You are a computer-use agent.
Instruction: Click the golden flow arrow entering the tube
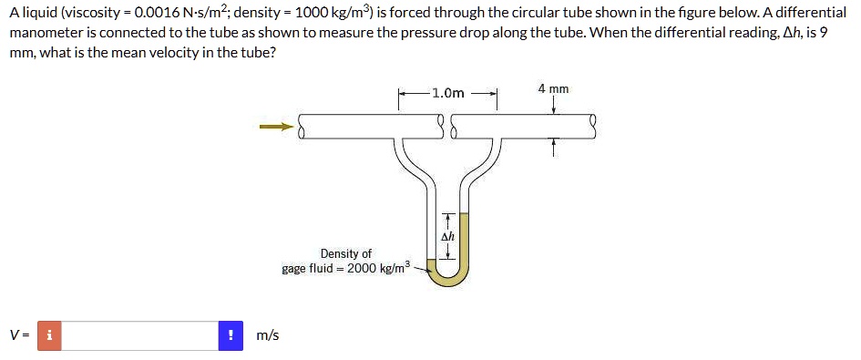click(276, 127)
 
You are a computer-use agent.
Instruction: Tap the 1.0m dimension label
click(448, 93)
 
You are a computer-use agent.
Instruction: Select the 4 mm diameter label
click(553, 89)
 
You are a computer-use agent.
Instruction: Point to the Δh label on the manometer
click(447, 235)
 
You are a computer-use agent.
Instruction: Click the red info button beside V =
click(49, 335)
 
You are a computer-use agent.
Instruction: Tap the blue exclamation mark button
click(231, 335)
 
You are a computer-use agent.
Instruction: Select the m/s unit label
click(268, 335)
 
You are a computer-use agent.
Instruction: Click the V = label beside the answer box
click(19, 335)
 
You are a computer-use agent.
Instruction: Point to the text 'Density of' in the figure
click(345, 253)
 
